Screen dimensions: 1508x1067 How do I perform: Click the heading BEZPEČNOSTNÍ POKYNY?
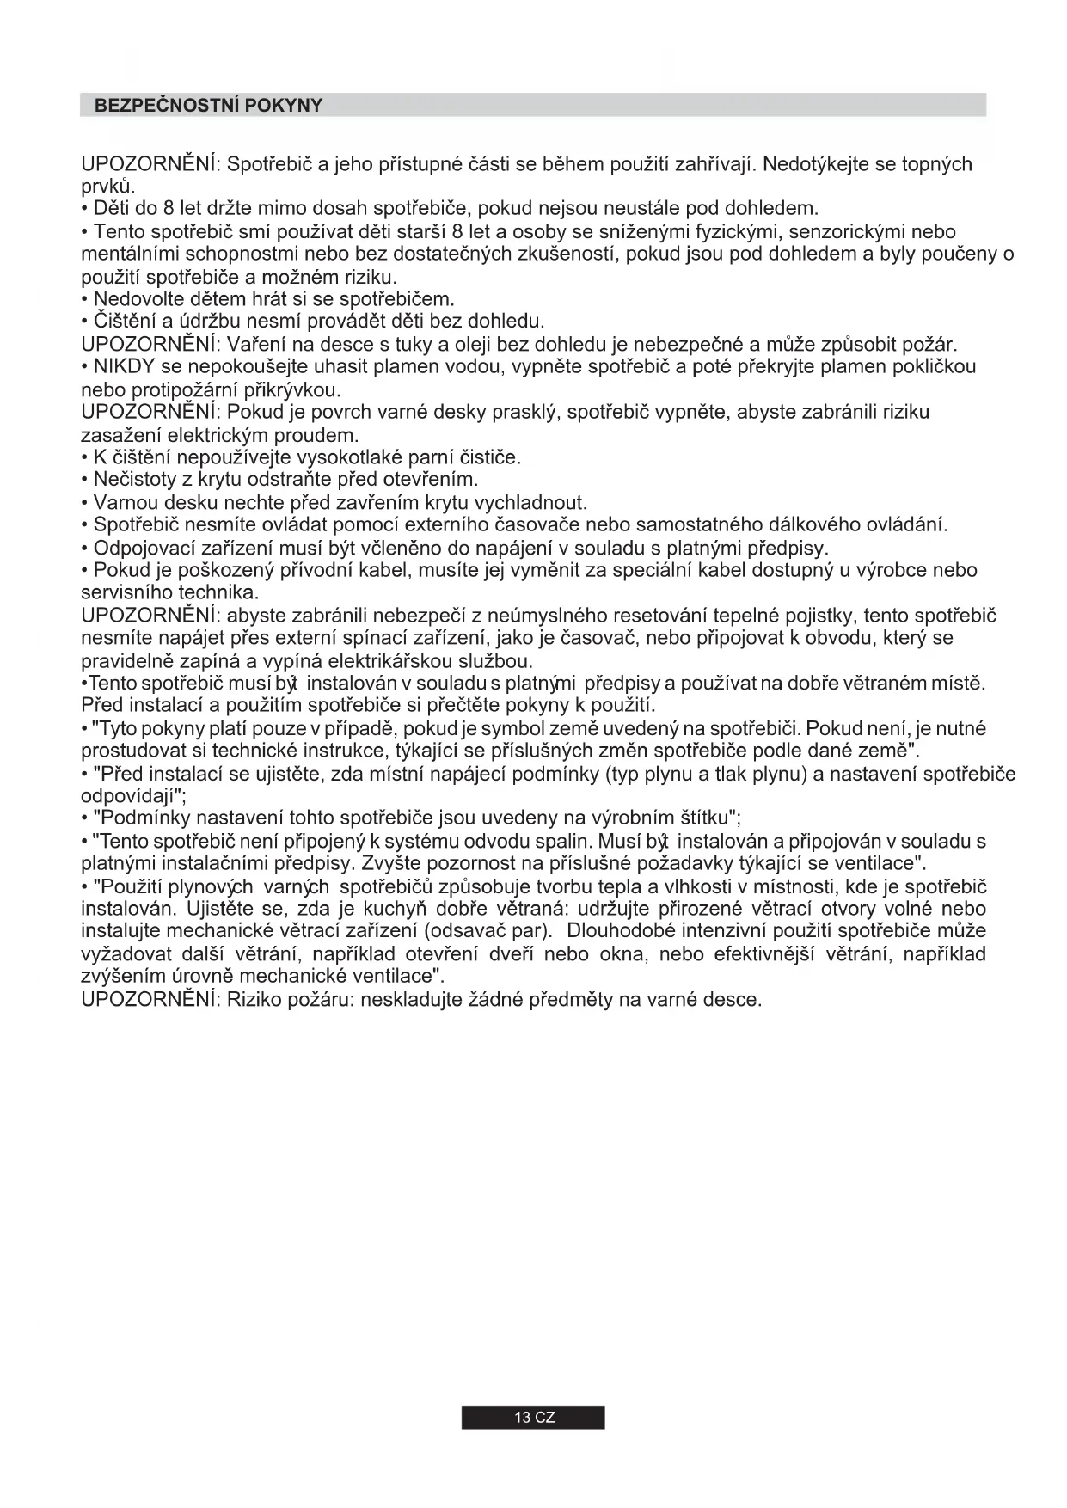208,106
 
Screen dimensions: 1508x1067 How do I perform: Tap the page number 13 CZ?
534,1418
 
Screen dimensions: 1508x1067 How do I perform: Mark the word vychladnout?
530,502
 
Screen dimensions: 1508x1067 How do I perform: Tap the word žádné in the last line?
494,1000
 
